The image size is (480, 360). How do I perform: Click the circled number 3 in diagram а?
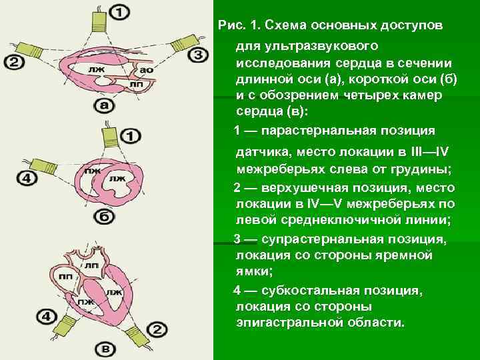point(198,54)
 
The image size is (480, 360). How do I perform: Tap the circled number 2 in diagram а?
point(15,62)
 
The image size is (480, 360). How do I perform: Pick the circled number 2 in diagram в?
point(157,329)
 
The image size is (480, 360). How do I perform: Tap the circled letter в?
point(103,349)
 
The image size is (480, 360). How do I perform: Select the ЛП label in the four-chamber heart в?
point(92,265)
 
